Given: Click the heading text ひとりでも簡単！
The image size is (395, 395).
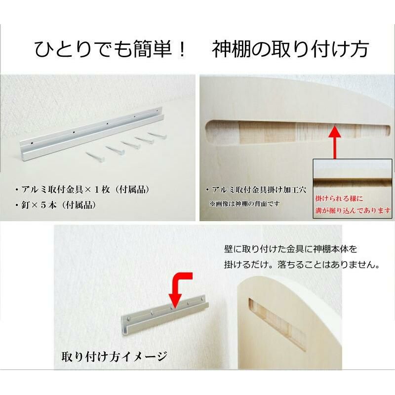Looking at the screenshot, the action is pos(110,49).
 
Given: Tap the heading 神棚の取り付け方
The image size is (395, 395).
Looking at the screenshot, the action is pos(290,49).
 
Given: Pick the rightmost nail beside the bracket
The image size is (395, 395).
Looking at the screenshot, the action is pos(157,135).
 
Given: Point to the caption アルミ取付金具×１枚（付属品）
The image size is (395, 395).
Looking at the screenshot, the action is pos(82,190).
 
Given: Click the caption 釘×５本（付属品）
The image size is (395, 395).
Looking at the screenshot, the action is pos(55,205).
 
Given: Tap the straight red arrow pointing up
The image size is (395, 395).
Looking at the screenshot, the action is pos(335,142).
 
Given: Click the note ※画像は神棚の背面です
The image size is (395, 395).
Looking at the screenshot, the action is pos(244,204).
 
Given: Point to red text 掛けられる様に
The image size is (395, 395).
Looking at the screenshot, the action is pos(339,198).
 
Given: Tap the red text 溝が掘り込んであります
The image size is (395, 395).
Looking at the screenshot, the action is pos(353,210).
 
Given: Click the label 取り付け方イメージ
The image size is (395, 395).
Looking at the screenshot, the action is pos(115,356).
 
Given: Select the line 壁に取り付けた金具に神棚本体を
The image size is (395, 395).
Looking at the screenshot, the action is pos(291,249).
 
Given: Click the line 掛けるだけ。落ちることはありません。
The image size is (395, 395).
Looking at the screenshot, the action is pos(302,265).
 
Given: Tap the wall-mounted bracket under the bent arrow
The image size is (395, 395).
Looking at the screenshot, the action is pos(165,315).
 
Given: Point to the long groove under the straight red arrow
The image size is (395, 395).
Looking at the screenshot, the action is pos(297,132).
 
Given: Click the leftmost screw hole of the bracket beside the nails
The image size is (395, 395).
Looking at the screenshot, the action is pos(32,143).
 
